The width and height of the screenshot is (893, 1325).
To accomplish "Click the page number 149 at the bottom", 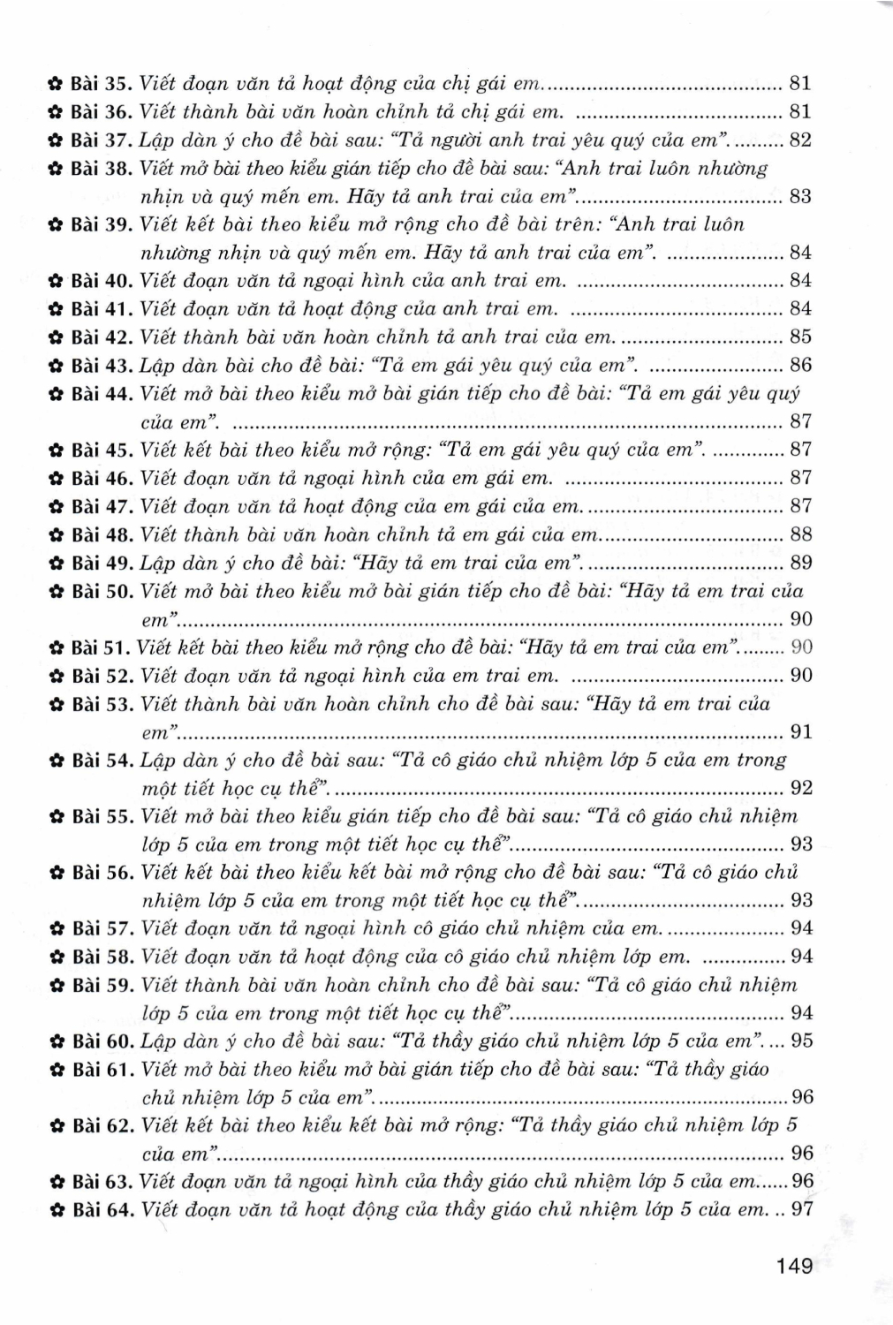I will pyautogui.click(x=794, y=1266).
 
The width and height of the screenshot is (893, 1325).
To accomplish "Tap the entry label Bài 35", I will pyautogui.click(x=101, y=84).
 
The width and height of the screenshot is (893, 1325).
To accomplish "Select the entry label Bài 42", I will pyautogui.click(x=101, y=337).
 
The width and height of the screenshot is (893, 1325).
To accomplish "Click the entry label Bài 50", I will pyautogui.click(x=101, y=591).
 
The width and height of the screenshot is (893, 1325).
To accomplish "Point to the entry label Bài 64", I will pyautogui.click(x=101, y=1209).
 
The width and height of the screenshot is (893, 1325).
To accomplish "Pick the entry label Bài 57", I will pyautogui.click(x=101, y=928).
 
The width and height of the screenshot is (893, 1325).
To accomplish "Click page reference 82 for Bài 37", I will pyautogui.click(x=800, y=140).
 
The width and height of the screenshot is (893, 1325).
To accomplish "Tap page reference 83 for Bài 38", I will pyautogui.click(x=800, y=196).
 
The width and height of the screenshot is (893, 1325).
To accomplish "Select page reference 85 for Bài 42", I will pyautogui.click(x=800, y=337).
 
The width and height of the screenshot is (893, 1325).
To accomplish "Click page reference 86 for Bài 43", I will pyautogui.click(x=800, y=365).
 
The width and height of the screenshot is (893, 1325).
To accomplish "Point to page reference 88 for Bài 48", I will pyautogui.click(x=800, y=534).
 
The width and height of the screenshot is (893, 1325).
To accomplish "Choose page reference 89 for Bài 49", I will pyautogui.click(x=800, y=563).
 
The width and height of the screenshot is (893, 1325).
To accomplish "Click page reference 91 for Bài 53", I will pyautogui.click(x=800, y=731).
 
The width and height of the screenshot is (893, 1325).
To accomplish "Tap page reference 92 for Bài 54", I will pyautogui.click(x=800, y=788).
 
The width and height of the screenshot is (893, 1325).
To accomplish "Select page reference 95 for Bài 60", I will pyautogui.click(x=801, y=1041).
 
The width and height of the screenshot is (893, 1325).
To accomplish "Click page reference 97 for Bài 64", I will pyautogui.click(x=801, y=1209).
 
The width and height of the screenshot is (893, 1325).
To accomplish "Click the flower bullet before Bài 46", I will pyautogui.click(x=54, y=479).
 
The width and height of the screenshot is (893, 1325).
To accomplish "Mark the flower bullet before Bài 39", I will pyautogui.click(x=54, y=225).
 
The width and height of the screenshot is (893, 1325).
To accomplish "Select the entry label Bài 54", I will pyautogui.click(x=101, y=760).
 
